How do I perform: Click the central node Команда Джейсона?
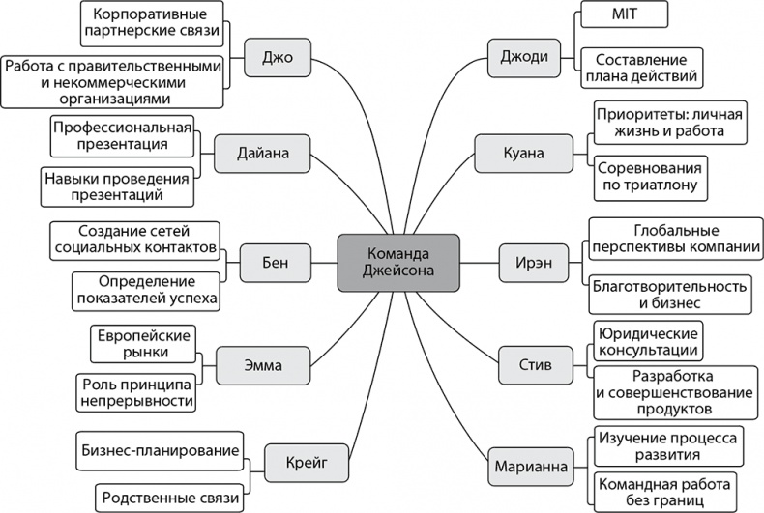383,260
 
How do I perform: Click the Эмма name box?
263,364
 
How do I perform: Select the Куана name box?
523,153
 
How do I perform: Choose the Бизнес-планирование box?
157,450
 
